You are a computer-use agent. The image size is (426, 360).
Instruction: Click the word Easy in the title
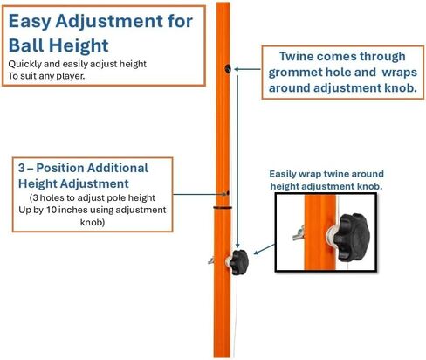pos(30,22)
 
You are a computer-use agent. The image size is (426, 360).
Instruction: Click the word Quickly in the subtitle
pos(24,64)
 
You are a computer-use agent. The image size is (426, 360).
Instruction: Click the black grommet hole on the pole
pos(228,69)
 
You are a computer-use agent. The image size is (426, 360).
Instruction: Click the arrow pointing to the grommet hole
pos(247,69)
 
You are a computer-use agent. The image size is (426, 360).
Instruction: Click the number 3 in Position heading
pos(22,168)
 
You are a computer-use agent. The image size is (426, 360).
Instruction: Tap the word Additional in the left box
pos(118,168)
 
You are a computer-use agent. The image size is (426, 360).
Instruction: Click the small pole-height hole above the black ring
pos(228,193)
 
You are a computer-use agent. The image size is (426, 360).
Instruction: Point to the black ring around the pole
pos(223,208)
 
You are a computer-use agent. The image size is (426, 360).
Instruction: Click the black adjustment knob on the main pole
pos(238,262)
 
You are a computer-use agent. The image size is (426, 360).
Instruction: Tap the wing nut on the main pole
pos(211,260)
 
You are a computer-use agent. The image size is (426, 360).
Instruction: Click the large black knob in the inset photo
pos(351,237)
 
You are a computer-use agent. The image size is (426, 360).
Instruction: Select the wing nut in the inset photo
pos(299,233)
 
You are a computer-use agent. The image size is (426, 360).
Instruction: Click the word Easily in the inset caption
pos(281,174)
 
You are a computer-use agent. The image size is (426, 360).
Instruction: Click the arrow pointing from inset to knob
pos(265,249)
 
